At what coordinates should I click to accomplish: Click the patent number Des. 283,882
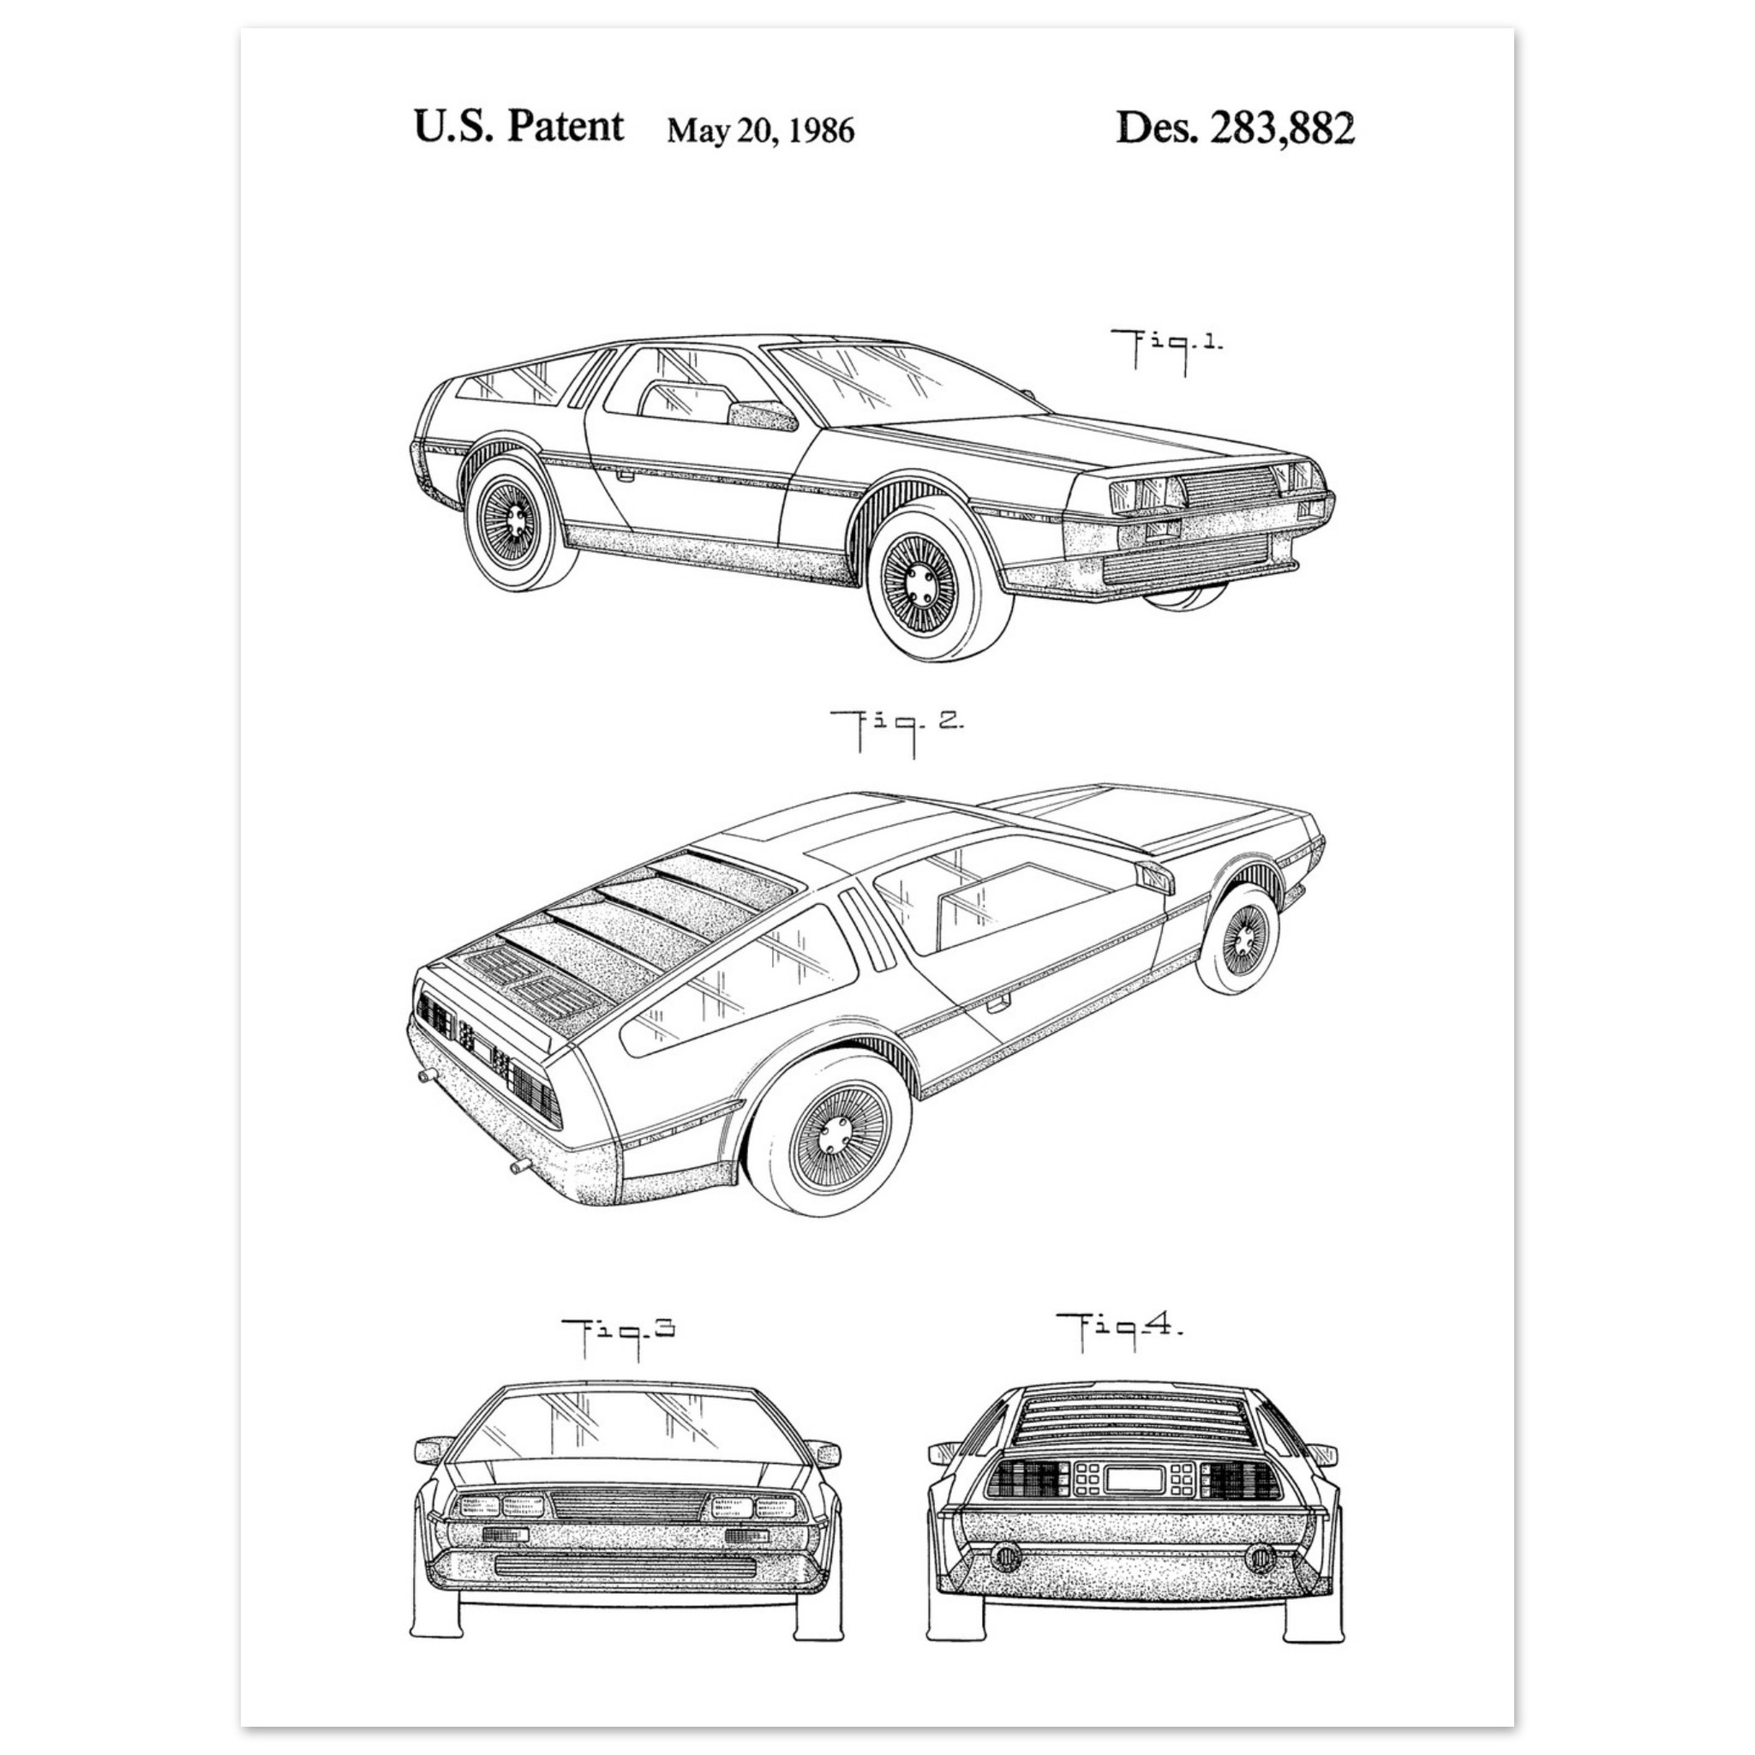click(x=1235, y=128)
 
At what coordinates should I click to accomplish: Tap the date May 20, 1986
click(x=760, y=131)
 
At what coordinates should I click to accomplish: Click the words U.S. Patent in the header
click(x=518, y=126)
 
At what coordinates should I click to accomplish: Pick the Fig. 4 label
click(x=1120, y=1331)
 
